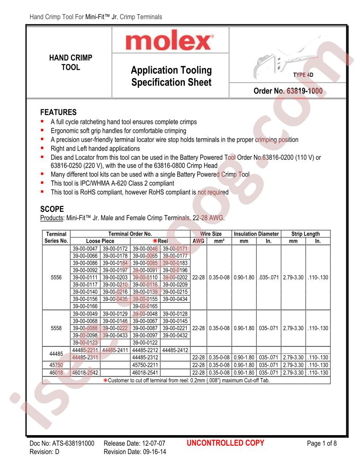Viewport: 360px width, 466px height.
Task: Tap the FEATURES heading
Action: click(x=59, y=112)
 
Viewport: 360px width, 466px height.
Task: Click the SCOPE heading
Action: click(x=52, y=209)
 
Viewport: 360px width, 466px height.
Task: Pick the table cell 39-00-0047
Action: click(x=85, y=248)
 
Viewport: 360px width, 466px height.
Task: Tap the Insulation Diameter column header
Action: click(x=256, y=234)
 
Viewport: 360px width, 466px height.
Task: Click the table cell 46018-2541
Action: click(x=145, y=373)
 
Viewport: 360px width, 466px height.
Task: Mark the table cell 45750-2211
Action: click(x=145, y=365)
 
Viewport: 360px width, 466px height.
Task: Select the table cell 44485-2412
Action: click(x=175, y=350)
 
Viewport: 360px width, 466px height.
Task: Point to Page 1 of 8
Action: click(x=322, y=443)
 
